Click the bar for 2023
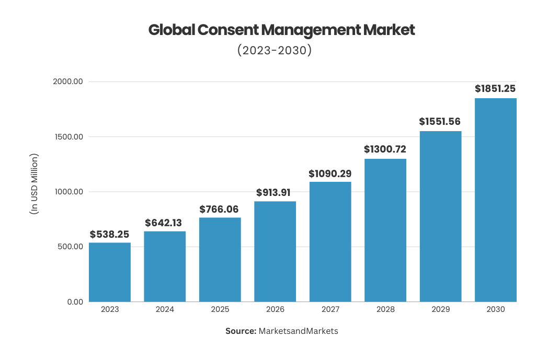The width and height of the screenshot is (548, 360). [110, 272]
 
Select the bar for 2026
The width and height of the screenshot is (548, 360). [275, 251]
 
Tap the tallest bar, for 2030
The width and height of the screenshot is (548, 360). [495, 200]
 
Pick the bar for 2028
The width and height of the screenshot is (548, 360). [385, 230]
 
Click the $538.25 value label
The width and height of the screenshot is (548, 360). [109, 235]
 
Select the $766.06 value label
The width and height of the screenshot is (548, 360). [219, 210]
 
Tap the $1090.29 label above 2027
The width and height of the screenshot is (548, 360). [330, 173]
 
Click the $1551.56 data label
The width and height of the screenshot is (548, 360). [440, 122]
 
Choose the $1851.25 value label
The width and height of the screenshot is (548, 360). [495, 89]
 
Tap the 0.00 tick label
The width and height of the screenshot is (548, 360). [75, 301]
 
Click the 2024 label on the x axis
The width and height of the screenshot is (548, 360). [165, 309]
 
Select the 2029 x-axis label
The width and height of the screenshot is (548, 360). [440, 309]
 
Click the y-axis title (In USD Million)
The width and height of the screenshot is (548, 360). [34, 184]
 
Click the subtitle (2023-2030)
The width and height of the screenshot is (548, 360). [274, 50]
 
